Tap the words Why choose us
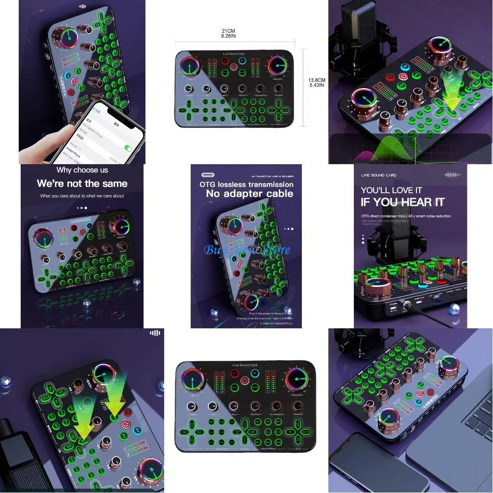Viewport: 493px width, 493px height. point(82,170)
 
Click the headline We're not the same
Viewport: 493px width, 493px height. point(82,183)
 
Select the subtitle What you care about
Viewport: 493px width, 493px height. point(82,196)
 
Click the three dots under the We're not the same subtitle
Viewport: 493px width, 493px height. point(82,208)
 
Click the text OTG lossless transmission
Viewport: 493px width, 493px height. point(246,184)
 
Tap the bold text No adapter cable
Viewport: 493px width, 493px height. point(249,194)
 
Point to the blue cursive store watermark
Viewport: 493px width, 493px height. point(247,250)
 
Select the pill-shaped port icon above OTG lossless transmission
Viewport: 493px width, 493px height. point(208,175)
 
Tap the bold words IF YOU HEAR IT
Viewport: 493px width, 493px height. point(402,202)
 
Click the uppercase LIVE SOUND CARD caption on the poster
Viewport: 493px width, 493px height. point(379,175)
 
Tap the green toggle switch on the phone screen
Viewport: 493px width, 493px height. point(128,148)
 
